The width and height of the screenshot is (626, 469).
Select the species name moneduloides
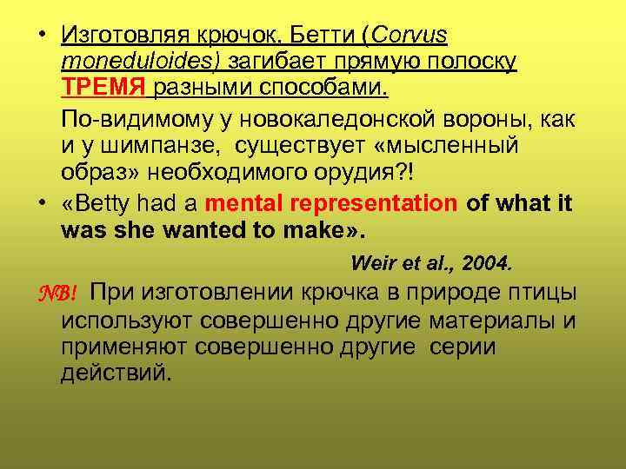142,62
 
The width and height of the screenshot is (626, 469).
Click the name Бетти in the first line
320,36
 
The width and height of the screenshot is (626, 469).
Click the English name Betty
114,204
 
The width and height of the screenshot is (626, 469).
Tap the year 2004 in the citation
487,262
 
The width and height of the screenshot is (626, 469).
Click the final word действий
117,373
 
